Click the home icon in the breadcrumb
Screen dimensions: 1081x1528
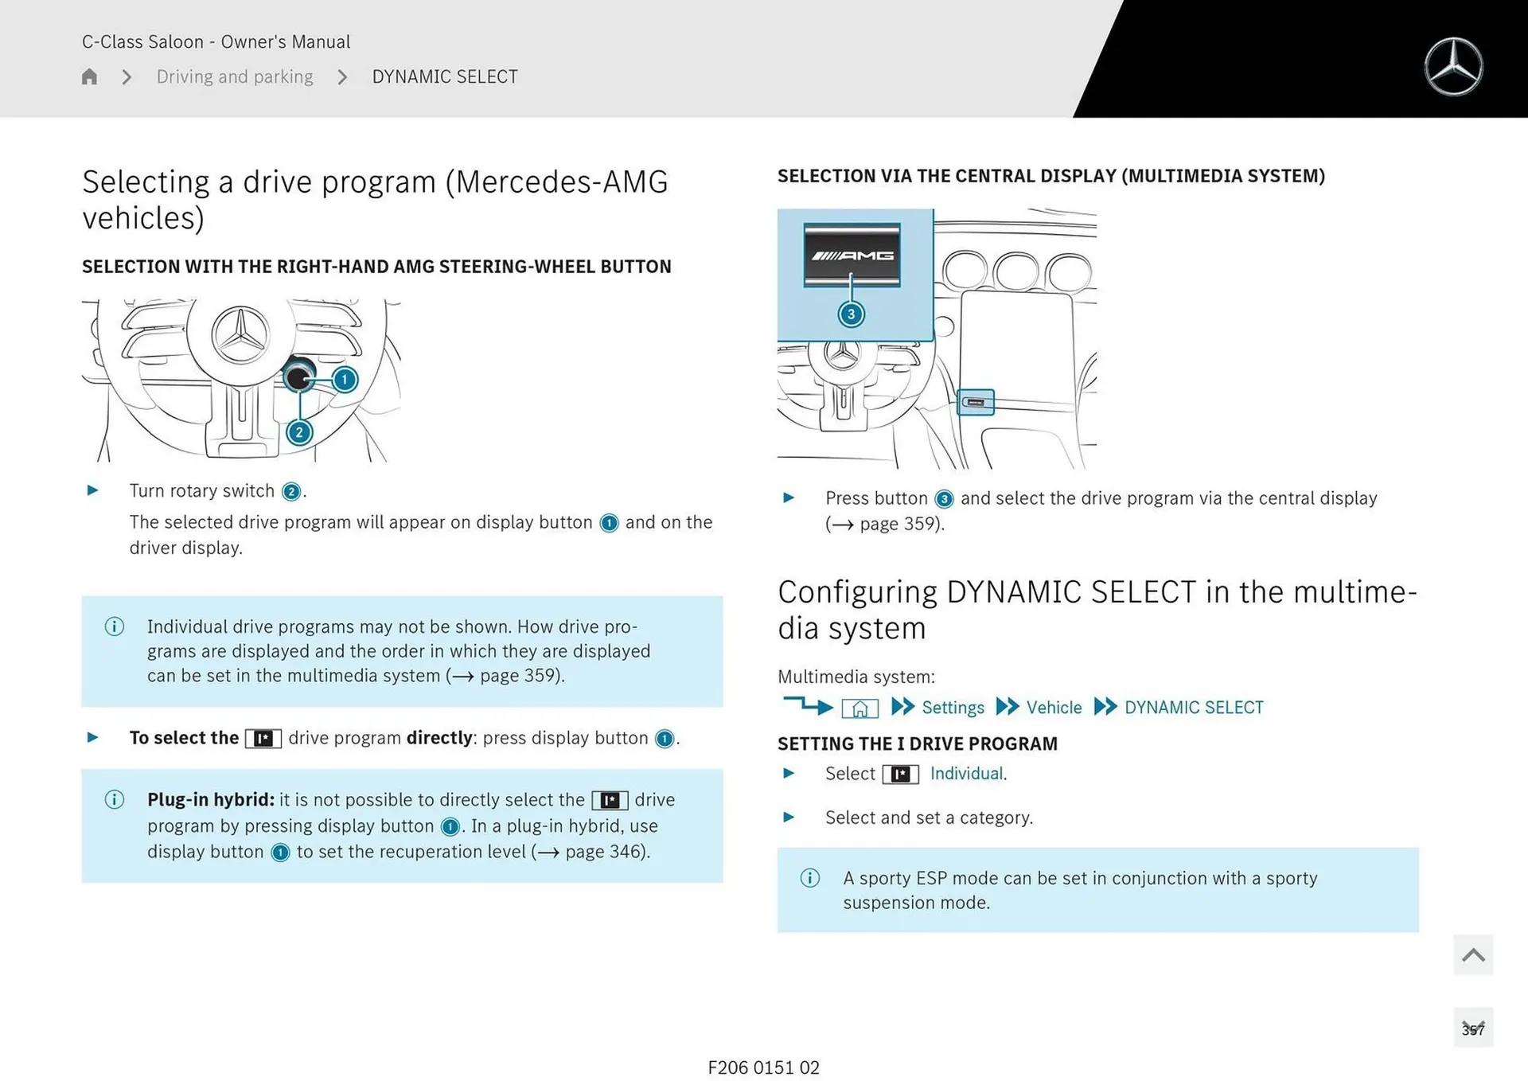coord(89,76)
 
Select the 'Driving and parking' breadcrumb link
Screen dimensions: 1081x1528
coord(235,76)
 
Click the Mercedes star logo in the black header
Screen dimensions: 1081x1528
coord(1453,67)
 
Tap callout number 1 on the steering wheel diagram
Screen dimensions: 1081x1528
coord(345,380)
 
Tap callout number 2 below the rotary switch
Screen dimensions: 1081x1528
coord(299,432)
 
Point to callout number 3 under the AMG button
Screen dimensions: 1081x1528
coord(851,314)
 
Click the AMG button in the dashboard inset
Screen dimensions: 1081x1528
coord(852,255)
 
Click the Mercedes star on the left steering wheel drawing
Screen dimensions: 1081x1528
coord(241,335)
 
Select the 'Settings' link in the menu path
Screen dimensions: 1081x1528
coord(953,708)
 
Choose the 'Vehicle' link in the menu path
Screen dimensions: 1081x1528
coord(1054,708)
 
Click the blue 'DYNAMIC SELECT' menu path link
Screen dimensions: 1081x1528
coord(1193,708)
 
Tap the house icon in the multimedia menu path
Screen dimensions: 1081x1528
coord(859,708)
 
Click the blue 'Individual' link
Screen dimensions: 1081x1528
coord(966,774)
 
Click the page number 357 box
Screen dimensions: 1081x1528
coord(1473,1028)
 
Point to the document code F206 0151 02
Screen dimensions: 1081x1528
coord(763,1067)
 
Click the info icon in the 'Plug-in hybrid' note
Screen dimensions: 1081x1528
coord(115,799)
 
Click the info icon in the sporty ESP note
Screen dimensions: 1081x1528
coord(810,878)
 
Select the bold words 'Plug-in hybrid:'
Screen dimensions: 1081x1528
coord(210,799)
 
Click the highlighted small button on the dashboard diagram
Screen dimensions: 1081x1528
coord(975,402)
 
